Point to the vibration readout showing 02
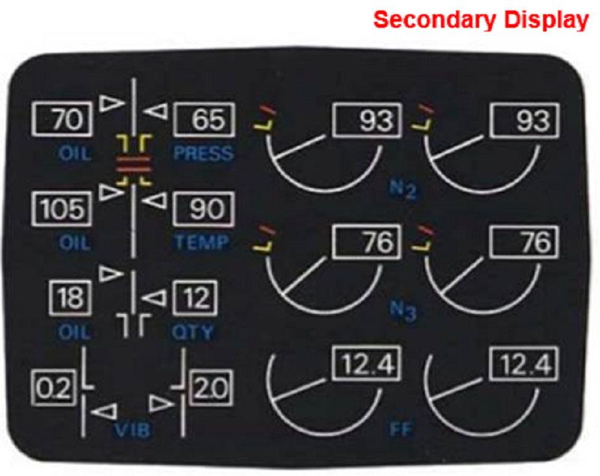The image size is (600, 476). [x=55, y=388]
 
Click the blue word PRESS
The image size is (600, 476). [x=203, y=154]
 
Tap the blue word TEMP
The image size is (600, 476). [x=202, y=243]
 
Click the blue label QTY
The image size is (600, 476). [x=193, y=332]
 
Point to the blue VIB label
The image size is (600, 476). [x=135, y=430]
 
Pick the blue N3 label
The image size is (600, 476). [x=403, y=310]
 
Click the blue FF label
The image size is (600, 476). [x=401, y=430]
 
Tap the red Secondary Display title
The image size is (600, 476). [x=480, y=20]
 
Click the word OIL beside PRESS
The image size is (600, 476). [x=73, y=154]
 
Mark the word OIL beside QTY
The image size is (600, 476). [x=73, y=332]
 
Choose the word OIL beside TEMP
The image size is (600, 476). [x=73, y=243]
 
